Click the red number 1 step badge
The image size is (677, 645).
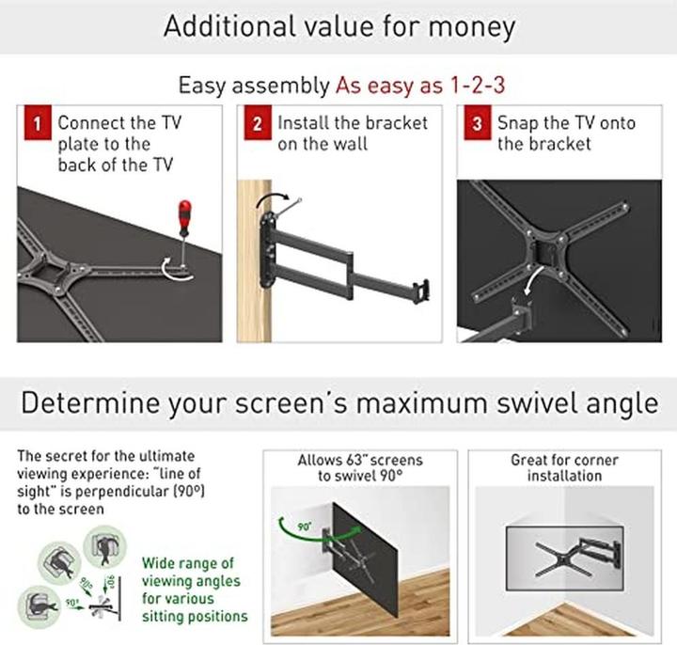tap(38, 122)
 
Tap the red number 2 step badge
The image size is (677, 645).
tap(258, 122)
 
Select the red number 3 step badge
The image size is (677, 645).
tap(477, 122)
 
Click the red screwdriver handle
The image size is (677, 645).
tap(185, 217)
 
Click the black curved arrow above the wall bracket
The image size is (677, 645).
tap(272, 196)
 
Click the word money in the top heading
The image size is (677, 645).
tap(471, 26)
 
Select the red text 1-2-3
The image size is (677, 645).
tap(477, 85)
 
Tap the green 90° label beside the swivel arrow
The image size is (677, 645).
tap(304, 527)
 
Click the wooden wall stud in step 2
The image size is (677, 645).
tap(254, 261)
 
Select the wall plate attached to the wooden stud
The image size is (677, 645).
tap(267, 249)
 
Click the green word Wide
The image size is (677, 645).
tap(159, 563)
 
